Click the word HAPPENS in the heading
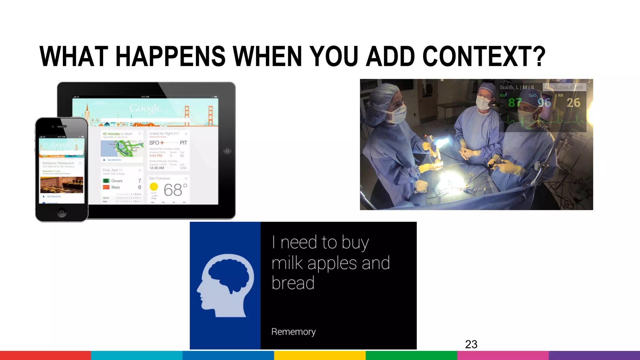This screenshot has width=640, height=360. [x=171, y=56]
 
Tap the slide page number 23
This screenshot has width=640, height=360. [x=471, y=344]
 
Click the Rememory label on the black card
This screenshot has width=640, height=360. [x=293, y=332]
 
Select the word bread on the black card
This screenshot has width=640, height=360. [x=293, y=283]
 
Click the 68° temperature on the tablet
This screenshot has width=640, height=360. [x=175, y=190]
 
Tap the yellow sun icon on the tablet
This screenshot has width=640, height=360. [x=154, y=187]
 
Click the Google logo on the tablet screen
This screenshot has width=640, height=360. [x=145, y=108]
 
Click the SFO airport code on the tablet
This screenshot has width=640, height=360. [x=154, y=143]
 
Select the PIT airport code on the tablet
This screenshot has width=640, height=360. [x=183, y=143]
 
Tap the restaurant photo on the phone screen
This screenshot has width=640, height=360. [x=62, y=185]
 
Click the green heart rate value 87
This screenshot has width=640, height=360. [x=515, y=102]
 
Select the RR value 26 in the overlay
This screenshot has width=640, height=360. [x=573, y=102]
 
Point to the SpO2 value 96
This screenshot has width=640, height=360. [x=544, y=102]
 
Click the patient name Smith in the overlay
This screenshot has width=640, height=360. [x=506, y=87]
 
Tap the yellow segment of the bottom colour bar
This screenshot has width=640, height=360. [x=320, y=355]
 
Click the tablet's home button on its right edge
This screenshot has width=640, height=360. [x=227, y=150]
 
